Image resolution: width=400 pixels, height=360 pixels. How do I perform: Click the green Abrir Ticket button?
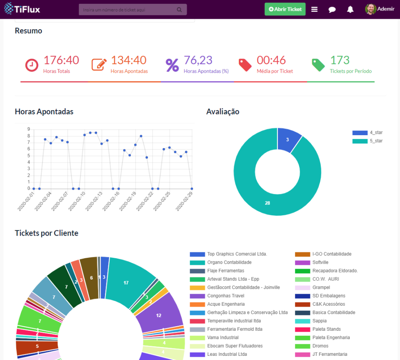click(x=285, y=9)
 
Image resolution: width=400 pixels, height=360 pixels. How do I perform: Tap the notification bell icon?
click(x=350, y=9)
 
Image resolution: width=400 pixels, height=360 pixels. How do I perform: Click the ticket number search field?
click(x=129, y=10)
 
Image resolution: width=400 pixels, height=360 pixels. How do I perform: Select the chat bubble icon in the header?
click(x=332, y=10)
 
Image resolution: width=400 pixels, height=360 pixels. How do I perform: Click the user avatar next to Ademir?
click(x=370, y=9)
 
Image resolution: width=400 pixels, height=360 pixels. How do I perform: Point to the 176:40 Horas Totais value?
click(x=61, y=60)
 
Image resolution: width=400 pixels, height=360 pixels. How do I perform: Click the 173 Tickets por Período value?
click(x=340, y=60)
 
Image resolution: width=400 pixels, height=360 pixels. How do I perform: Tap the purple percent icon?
click(x=172, y=65)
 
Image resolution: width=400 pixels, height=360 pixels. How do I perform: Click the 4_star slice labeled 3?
click(x=288, y=139)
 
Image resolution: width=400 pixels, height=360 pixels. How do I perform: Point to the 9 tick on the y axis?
click(x=29, y=129)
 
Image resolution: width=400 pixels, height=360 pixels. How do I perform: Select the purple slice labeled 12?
click(x=159, y=315)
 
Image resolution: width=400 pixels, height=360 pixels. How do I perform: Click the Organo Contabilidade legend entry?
click(x=229, y=262)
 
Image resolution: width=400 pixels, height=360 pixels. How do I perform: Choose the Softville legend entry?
click(x=320, y=262)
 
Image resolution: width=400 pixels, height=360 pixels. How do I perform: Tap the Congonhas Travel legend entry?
click(x=225, y=296)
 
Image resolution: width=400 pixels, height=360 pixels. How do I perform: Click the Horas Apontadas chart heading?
click(x=44, y=111)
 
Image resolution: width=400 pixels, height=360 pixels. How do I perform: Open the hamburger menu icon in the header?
click(x=315, y=10)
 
